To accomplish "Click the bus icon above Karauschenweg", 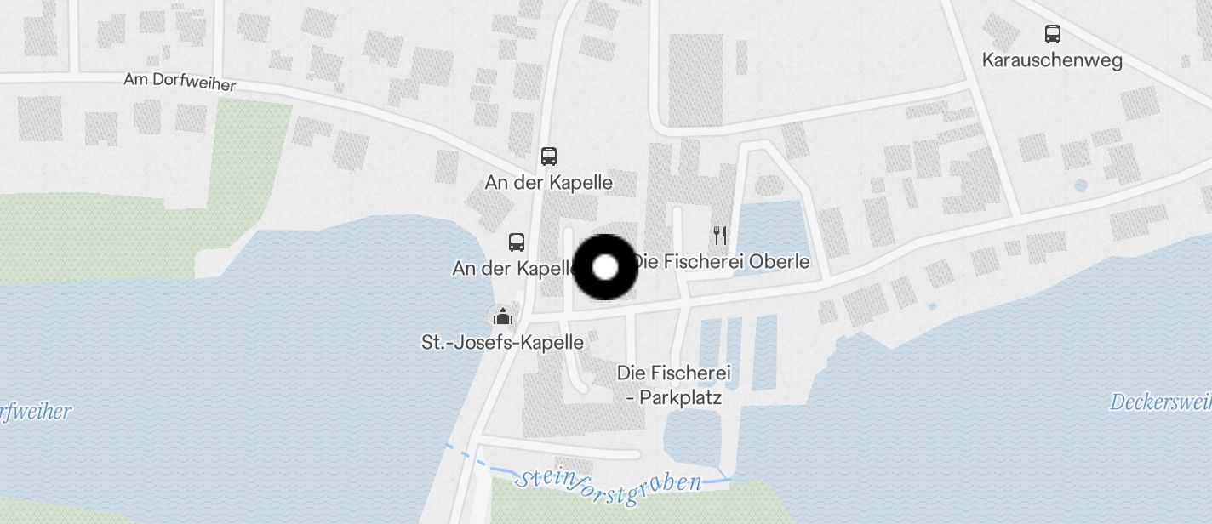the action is point(1053,34).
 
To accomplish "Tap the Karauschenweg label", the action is point(1052,60).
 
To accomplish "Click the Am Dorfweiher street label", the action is point(180,82).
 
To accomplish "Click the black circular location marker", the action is point(605,267).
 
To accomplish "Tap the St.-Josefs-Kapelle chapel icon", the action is point(503,317).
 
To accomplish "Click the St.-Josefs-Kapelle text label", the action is point(503,343).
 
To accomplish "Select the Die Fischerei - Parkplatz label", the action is point(674,384).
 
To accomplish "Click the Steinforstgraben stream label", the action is point(609,485).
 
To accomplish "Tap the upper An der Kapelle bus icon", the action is point(549,157).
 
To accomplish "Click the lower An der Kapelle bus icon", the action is point(517,242).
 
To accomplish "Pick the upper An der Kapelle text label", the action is point(549,183).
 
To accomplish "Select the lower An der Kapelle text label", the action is point(513,269).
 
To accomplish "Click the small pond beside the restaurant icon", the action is point(771,228).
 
